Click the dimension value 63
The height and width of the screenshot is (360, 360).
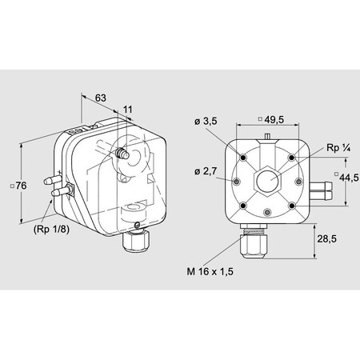101,98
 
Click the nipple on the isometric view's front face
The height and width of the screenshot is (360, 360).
122,150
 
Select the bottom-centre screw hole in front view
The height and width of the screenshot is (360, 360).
268,214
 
